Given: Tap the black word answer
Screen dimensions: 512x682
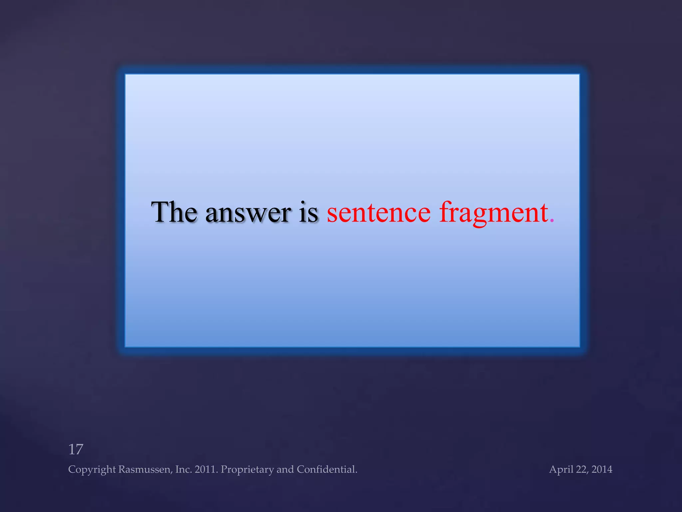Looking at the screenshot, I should [x=248, y=213].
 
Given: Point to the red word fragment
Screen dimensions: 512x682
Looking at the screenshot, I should [x=494, y=213].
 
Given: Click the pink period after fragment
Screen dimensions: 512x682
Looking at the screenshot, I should [x=552, y=221].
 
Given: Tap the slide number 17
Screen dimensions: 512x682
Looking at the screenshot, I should [x=76, y=449].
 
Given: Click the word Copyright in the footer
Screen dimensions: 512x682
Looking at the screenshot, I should [x=92, y=470].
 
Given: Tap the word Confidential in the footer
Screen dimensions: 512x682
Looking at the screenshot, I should [x=327, y=469].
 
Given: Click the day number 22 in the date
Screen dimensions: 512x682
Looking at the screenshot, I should [x=581, y=469].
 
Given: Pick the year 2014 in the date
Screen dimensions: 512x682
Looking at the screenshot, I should [x=602, y=469].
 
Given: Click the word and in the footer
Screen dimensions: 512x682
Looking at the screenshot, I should [x=285, y=469].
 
